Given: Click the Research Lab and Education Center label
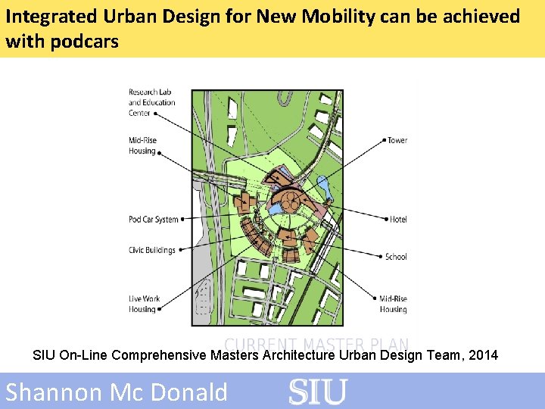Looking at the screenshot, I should [x=151, y=102].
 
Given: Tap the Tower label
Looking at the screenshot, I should [x=397, y=140].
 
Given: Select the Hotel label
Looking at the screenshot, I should [x=398, y=220].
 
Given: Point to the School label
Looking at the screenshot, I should [x=396, y=257].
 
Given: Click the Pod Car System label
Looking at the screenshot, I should [x=154, y=220].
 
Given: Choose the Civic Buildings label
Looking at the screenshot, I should [x=151, y=250].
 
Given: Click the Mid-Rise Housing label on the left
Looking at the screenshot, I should [x=142, y=145].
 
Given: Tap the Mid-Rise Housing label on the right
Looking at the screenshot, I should [x=393, y=304].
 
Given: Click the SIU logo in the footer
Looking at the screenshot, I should [x=318, y=392].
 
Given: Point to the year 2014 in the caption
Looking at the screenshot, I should [x=483, y=354].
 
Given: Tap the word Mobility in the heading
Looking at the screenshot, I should [x=335, y=16].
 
